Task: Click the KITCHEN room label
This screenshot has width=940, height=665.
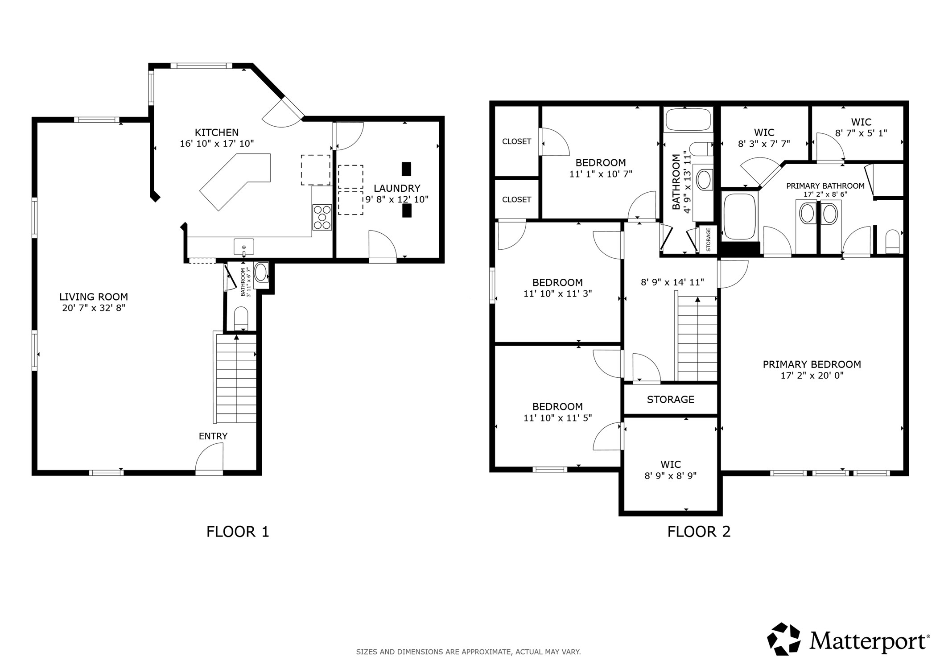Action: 217,132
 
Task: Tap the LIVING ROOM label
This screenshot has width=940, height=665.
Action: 94,297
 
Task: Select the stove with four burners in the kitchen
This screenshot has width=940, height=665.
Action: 322,217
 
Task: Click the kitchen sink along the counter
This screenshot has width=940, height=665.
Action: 244,247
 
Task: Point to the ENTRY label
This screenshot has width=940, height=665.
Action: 213,436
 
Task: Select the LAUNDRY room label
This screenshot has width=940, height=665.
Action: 397,189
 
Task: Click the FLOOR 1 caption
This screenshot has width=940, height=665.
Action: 238,532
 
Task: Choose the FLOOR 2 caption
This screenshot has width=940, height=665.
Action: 699,532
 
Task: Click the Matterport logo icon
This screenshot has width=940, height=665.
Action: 783,639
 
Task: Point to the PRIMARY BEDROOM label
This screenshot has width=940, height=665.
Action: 812,364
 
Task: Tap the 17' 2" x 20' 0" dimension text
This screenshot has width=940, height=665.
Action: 812,376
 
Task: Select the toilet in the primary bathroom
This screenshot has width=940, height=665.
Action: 892,241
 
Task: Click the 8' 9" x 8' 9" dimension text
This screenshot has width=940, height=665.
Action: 671,476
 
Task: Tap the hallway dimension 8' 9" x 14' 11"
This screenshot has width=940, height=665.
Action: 672,282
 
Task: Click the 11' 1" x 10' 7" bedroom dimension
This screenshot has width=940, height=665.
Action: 601,174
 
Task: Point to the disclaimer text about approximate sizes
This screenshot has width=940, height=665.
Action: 468,652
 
